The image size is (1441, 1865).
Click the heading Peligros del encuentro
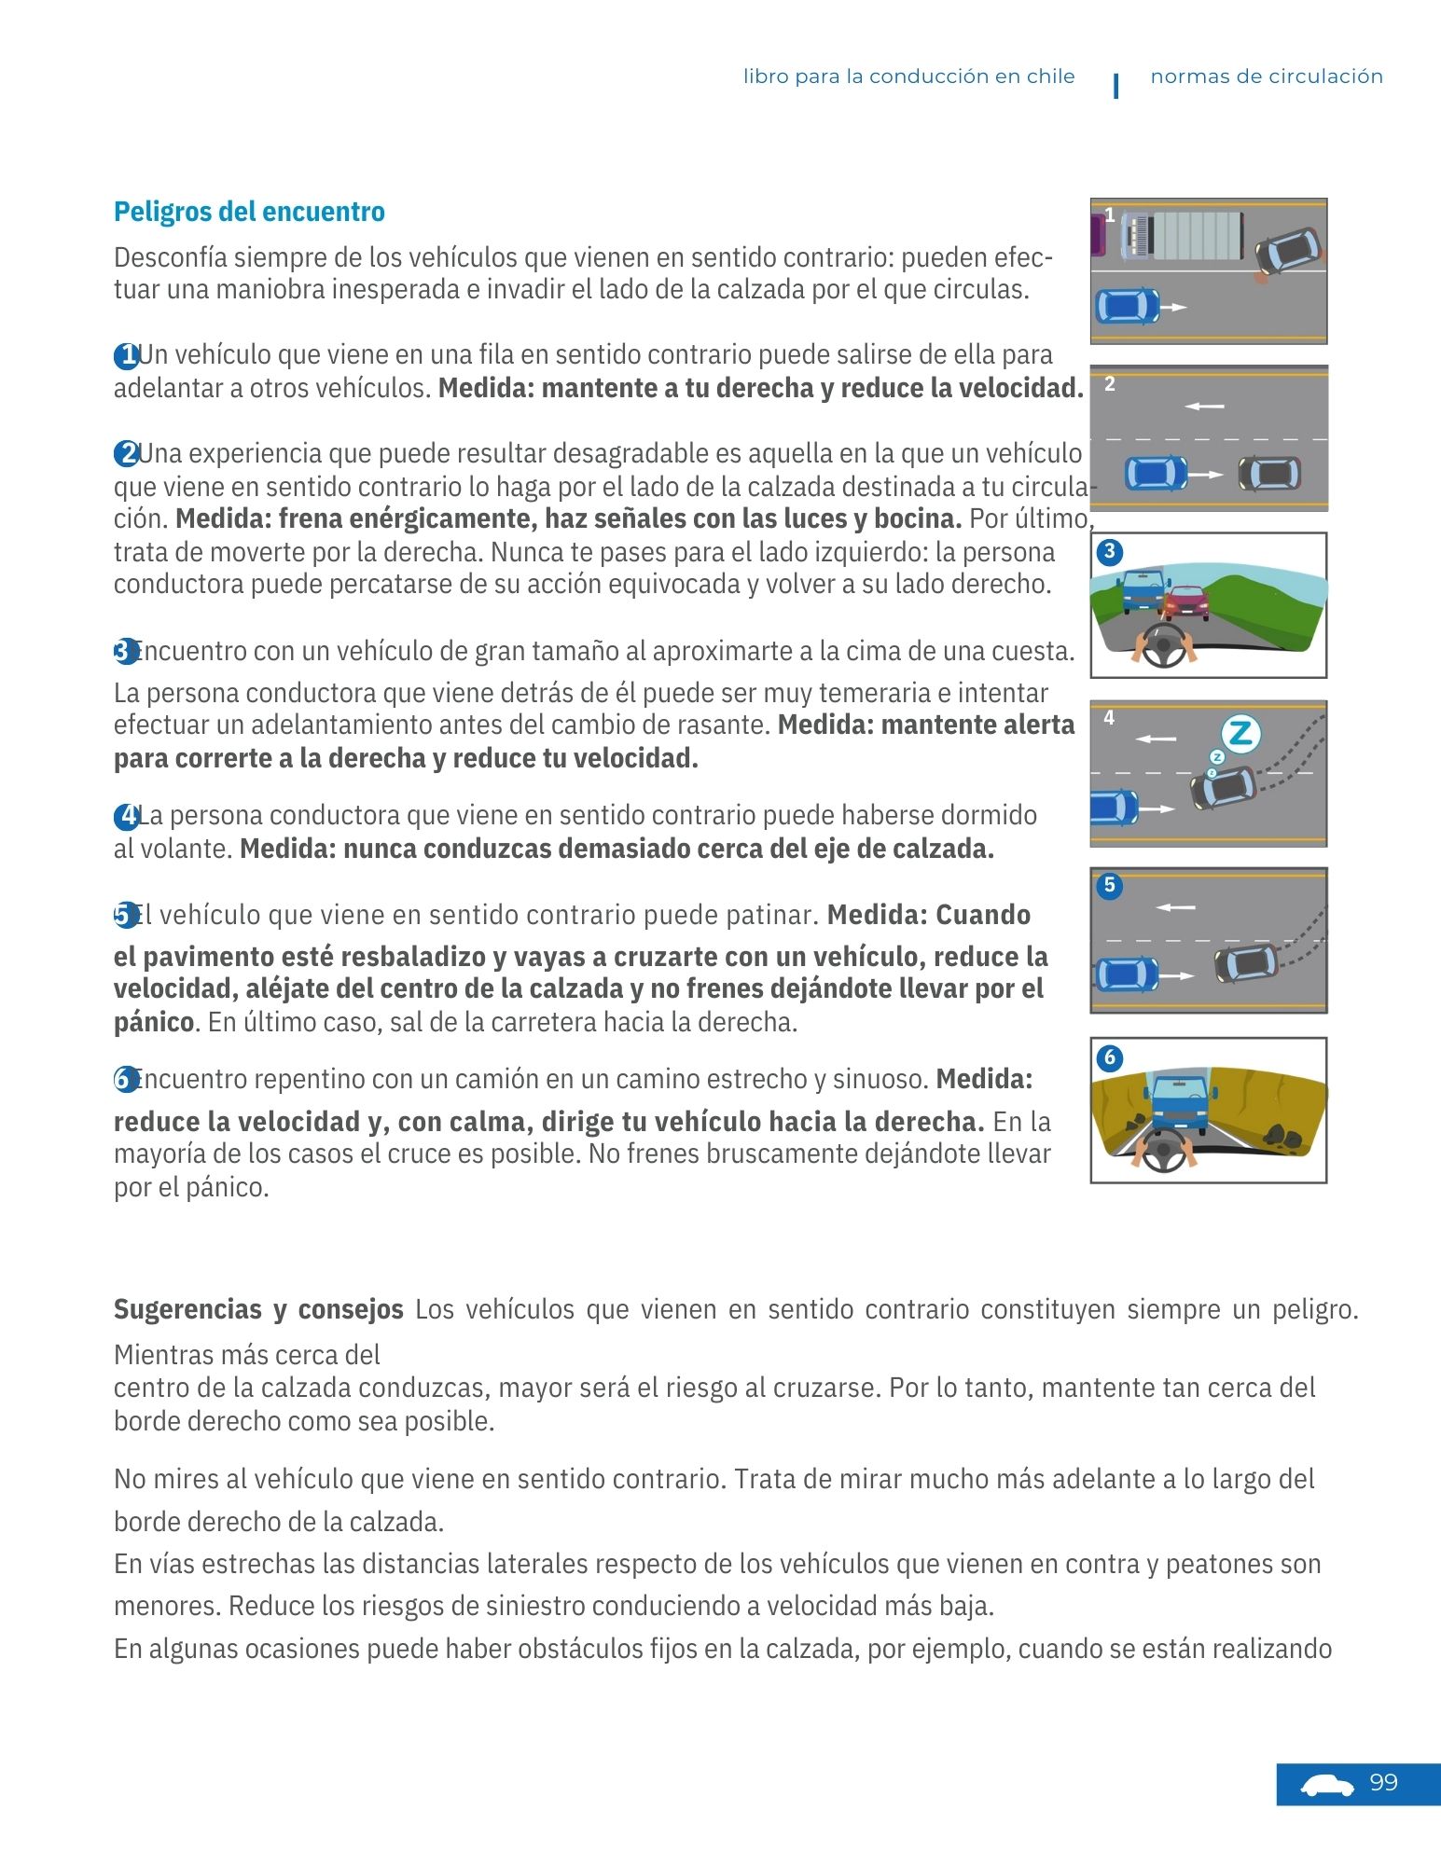[x=249, y=212]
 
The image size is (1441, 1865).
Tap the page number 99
[x=1383, y=1783]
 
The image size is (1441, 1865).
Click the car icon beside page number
[x=1327, y=1785]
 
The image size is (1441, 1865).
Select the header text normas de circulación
[x=1266, y=76]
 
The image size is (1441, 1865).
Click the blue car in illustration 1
[x=1127, y=306]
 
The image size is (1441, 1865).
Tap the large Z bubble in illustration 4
[x=1240, y=734]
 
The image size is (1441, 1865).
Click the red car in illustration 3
[x=1186, y=602]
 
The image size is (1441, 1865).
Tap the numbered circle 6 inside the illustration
[x=1109, y=1057]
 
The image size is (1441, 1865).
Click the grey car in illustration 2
[x=1269, y=474]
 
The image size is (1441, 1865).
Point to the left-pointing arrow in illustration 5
[x=1175, y=907]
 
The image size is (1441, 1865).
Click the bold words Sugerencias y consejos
[x=258, y=1309]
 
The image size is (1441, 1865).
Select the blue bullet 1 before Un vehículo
[x=125, y=356]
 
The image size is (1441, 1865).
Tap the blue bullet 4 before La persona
[x=125, y=818]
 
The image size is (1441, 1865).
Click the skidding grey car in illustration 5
[x=1246, y=962]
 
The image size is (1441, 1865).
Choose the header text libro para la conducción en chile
[x=908, y=76]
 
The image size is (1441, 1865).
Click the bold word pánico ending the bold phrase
[x=153, y=1022]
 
